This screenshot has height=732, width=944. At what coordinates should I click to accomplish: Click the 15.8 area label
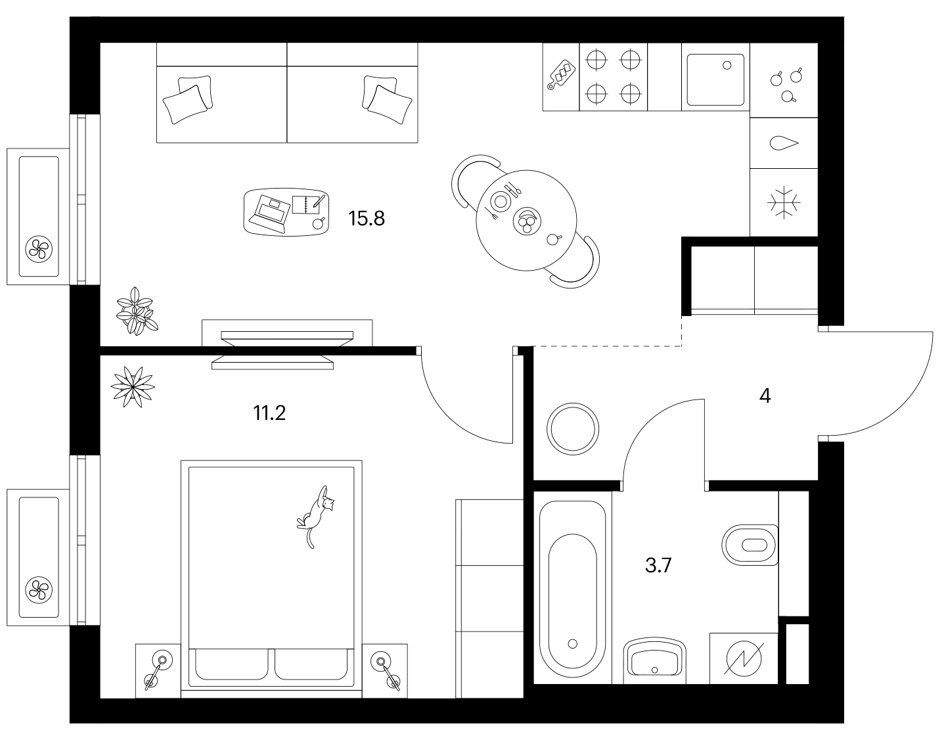click(366, 219)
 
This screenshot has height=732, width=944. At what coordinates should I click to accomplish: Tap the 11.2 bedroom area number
click(269, 413)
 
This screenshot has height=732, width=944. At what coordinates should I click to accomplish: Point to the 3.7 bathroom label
click(658, 566)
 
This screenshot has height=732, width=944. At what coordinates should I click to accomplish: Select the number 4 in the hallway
click(765, 396)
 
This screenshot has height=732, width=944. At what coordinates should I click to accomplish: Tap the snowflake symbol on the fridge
click(784, 202)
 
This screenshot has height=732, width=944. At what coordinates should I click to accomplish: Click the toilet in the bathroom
click(750, 545)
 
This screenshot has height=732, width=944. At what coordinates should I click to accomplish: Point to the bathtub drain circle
click(573, 644)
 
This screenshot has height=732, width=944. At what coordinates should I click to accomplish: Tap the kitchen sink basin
click(715, 80)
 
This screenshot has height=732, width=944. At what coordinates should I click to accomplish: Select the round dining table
click(526, 220)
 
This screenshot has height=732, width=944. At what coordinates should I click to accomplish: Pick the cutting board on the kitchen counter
click(561, 74)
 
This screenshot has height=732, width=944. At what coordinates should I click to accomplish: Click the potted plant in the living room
click(137, 311)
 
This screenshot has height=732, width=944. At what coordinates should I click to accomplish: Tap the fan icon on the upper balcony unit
click(39, 249)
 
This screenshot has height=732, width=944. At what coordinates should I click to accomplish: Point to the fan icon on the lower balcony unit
click(39, 590)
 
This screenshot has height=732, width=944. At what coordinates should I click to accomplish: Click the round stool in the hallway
click(573, 429)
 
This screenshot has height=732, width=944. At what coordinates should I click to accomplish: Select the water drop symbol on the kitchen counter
click(784, 143)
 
